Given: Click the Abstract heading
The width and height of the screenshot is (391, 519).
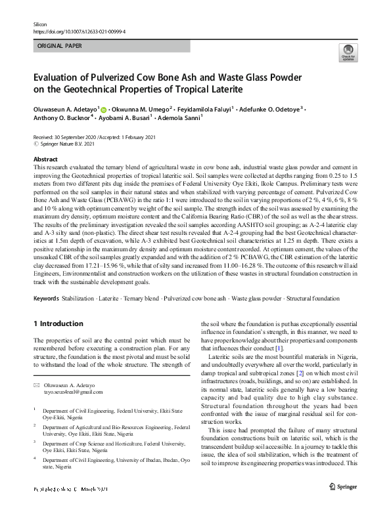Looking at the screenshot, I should coord(45,159).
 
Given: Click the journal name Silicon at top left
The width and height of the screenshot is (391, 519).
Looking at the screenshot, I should coord(40,23).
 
